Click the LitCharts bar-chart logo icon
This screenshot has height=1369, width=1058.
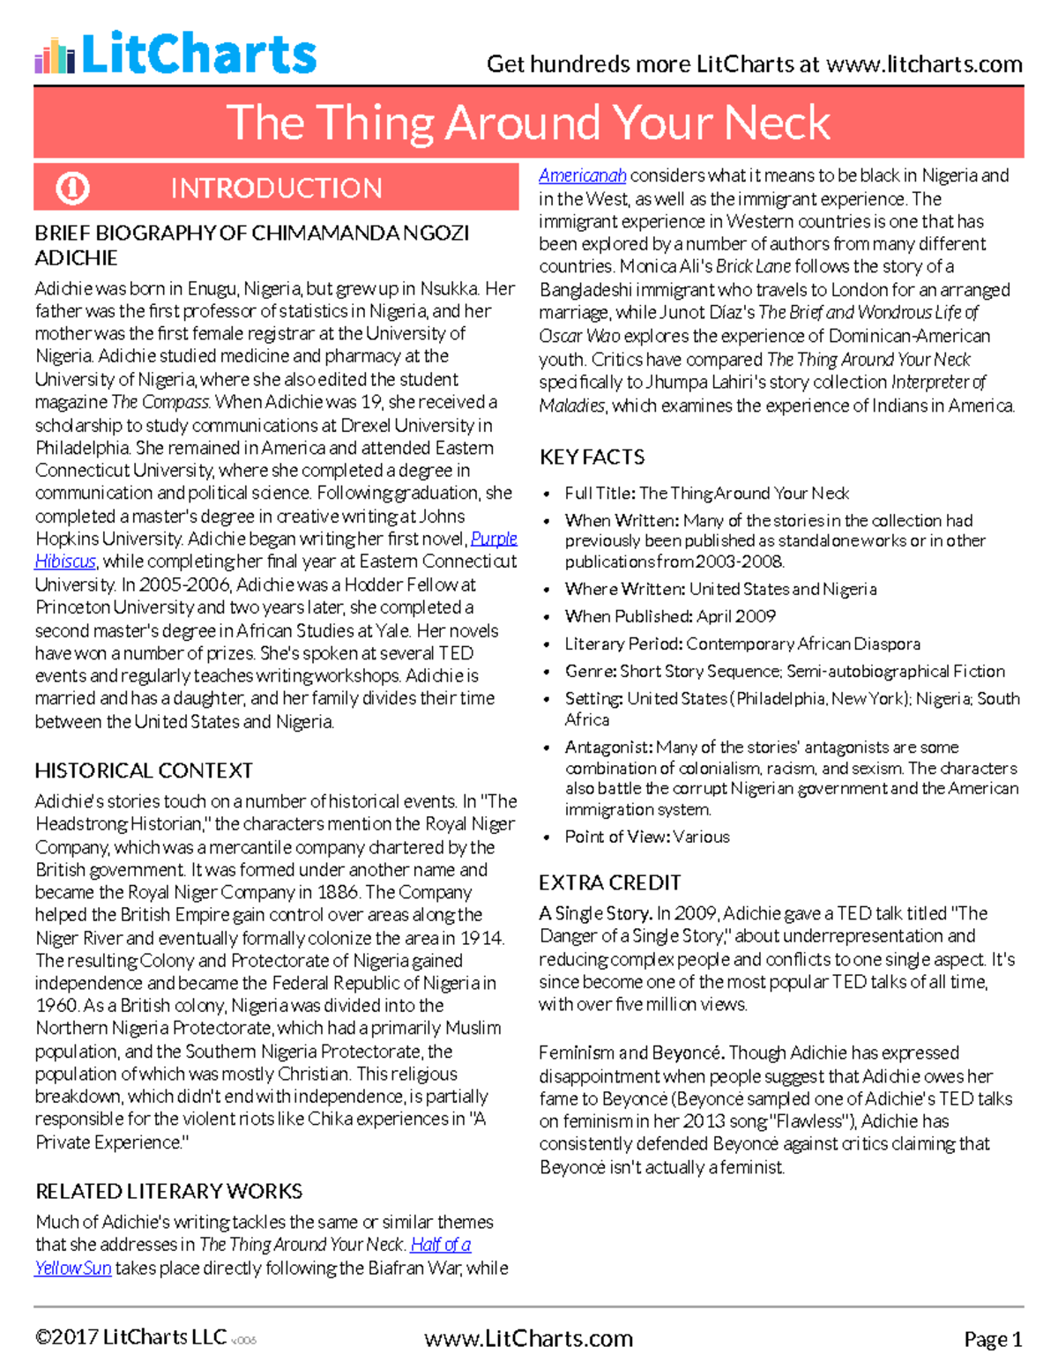pyautogui.click(x=55, y=56)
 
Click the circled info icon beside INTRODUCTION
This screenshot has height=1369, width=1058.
pyautogui.click(x=72, y=188)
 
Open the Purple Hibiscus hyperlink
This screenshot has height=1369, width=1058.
pyautogui.click(x=494, y=539)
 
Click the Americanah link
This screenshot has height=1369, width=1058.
pyautogui.click(x=582, y=175)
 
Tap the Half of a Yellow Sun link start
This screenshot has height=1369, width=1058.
pyautogui.click(x=440, y=1245)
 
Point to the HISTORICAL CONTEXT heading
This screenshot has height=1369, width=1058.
pyautogui.click(x=144, y=770)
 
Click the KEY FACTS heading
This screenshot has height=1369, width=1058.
pyautogui.click(x=592, y=457)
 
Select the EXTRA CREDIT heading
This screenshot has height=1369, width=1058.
pyautogui.click(x=609, y=882)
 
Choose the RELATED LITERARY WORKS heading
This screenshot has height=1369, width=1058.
pyautogui.click(x=168, y=1191)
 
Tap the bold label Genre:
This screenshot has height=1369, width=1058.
pyautogui.click(x=591, y=671)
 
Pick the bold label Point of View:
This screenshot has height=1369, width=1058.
pyautogui.click(x=617, y=837)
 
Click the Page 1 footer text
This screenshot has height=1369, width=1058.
pyautogui.click(x=993, y=1340)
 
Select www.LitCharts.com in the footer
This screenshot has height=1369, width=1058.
pyautogui.click(x=528, y=1339)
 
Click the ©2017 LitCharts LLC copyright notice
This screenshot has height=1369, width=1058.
pyautogui.click(x=130, y=1338)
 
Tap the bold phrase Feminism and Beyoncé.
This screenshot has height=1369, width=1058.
pyautogui.click(x=631, y=1053)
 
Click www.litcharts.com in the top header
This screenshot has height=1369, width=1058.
pyautogui.click(x=924, y=64)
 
